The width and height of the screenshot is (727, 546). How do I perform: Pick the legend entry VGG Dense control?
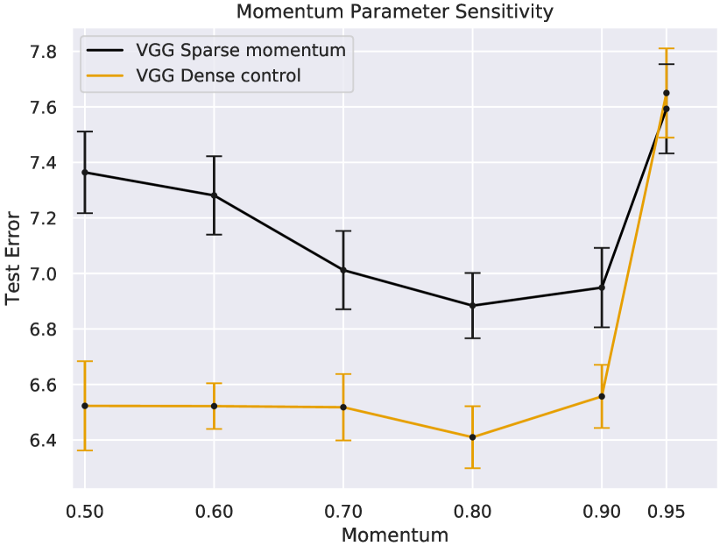[x=218, y=76]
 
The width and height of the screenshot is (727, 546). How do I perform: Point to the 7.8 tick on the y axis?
[x=43, y=53]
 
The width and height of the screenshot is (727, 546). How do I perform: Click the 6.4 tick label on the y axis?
[x=43, y=441]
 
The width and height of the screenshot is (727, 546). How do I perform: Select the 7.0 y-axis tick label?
[x=43, y=274]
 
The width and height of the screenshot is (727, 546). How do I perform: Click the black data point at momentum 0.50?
[x=85, y=173]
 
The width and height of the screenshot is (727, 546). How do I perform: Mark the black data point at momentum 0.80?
[x=472, y=306]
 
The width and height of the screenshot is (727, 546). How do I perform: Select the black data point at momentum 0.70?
[x=343, y=270]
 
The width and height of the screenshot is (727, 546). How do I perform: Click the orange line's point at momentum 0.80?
[x=472, y=437]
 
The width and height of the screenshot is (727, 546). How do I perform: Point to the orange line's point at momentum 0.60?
[x=215, y=406]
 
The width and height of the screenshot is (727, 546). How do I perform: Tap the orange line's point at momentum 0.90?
[x=602, y=396]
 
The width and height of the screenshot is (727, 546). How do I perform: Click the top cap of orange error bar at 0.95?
[x=666, y=48]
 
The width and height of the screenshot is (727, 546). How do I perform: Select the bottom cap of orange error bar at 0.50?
[x=85, y=450]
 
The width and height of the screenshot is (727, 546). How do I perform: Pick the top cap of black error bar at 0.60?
[x=215, y=156]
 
